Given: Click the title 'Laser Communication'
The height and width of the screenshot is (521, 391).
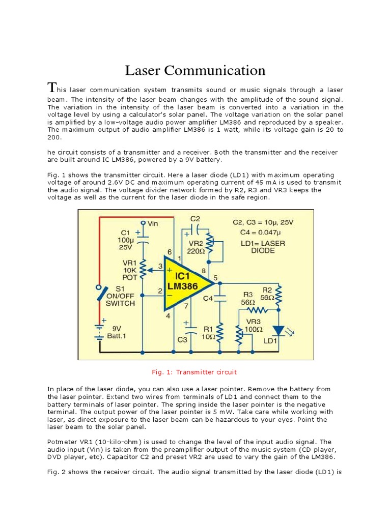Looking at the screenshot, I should pyautogui.click(x=195, y=70).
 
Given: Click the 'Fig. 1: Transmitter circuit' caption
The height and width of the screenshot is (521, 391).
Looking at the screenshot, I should pyautogui.click(x=195, y=372).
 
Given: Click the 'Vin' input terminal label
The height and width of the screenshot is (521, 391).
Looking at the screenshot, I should pyautogui.click(x=153, y=223).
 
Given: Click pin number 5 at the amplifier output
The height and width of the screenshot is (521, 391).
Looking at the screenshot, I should pyautogui.click(x=215, y=277).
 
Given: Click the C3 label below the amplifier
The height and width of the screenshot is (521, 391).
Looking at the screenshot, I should pyautogui.click(x=182, y=339).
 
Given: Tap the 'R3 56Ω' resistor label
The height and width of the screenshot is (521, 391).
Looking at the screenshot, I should pyautogui.click(x=248, y=298).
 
